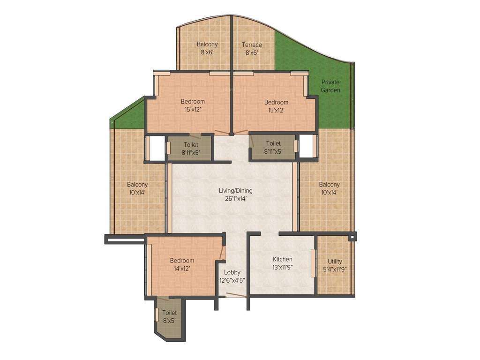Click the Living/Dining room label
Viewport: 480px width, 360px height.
[x=235, y=191]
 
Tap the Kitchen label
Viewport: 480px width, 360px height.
[x=283, y=259]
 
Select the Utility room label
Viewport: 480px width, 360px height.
[x=335, y=262]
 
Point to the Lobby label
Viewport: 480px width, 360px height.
[x=232, y=272]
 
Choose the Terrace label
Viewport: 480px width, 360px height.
[x=252, y=45]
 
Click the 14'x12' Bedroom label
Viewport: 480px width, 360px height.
[x=182, y=261]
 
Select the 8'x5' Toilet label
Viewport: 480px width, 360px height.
[x=169, y=313]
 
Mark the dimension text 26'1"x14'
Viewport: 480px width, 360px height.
[x=235, y=198]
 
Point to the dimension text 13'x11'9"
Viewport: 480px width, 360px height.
[x=283, y=267]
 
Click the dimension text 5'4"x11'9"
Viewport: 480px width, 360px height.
[x=335, y=269]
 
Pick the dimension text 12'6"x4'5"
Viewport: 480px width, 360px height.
[x=232, y=280]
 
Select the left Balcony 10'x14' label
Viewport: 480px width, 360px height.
[x=137, y=185]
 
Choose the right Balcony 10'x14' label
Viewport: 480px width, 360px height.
[x=329, y=185]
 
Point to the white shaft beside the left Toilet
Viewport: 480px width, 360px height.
[x=156, y=149]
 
